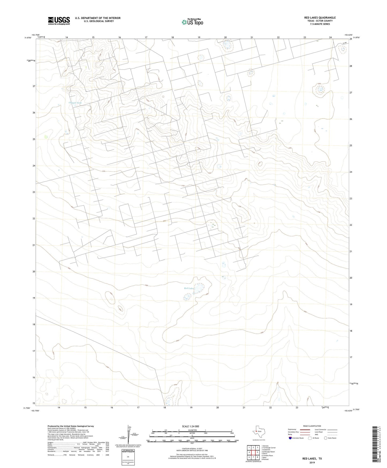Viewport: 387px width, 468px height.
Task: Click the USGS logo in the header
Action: (x=59, y=21)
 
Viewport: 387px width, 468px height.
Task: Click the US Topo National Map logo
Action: (x=192, y=22)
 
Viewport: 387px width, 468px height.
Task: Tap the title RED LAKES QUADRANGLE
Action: (x=320, y=18)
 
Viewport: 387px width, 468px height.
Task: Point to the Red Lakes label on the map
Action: (x=189, y=288)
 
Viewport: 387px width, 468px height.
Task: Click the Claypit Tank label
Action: (x=75, y=103)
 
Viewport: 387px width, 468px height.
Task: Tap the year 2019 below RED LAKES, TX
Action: (x=312, y=463)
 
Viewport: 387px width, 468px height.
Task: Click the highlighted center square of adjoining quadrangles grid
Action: (x=253, y=452)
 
